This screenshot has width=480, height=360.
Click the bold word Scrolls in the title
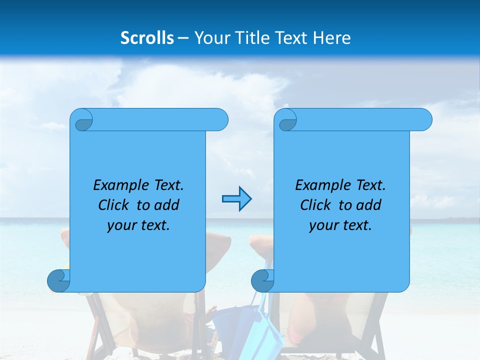coord(147,38)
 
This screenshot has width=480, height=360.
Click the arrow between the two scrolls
coord(236,199)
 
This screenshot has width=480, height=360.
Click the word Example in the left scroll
coord(121,185)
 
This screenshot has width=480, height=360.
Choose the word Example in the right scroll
coord(323,185)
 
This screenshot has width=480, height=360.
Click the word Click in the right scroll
coord(315,205)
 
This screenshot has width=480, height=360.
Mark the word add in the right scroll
coord(369,205)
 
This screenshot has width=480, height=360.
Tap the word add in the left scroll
coord(167,205)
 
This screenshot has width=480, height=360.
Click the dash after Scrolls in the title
coord(183,38)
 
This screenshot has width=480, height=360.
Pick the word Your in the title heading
coord(210,38)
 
